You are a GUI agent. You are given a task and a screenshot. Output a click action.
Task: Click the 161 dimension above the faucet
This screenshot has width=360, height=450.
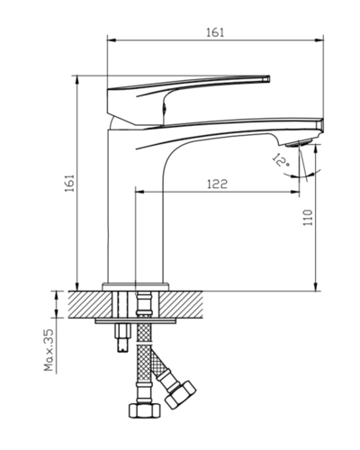coord(215,32)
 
